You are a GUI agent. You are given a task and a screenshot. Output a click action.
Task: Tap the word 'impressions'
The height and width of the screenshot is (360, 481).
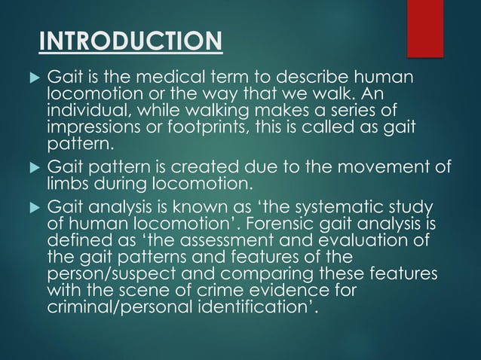tap(94, 125)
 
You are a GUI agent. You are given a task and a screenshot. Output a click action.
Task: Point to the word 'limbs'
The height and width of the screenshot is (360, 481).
tap(68, 182)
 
